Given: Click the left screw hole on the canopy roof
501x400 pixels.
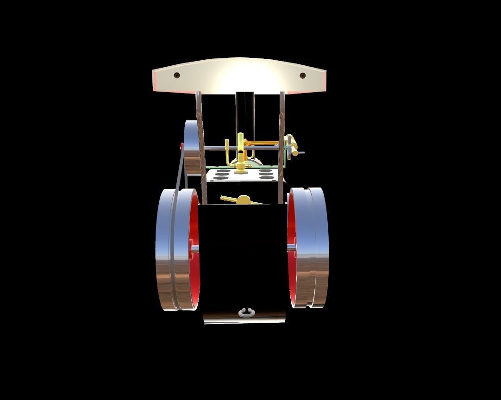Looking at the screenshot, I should (176, 75).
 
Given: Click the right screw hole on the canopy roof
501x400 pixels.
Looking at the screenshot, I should (303, 75).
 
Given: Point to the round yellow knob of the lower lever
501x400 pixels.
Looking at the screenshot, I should (244, 200).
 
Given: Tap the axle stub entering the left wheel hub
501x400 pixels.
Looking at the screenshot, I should (195, 249).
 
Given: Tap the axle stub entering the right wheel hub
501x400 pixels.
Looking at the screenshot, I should (291, 249).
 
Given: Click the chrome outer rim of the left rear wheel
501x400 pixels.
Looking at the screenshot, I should (164, 250).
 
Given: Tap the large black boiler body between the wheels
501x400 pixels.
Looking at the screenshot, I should (243, 259).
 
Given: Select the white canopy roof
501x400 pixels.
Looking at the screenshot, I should (239, 76).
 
